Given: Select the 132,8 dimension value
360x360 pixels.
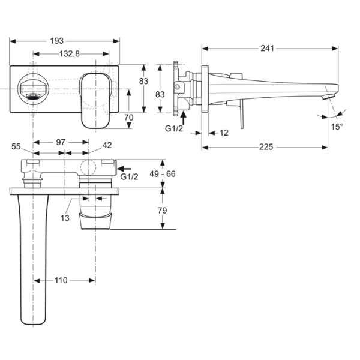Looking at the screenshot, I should point(70,54).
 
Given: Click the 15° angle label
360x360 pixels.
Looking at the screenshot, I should point(338,127).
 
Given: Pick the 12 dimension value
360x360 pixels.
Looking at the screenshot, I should point(224,133).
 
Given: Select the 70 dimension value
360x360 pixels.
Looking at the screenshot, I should point(128,118).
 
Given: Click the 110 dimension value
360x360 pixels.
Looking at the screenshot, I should point(60,280).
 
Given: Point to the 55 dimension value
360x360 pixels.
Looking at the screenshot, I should point(16,146).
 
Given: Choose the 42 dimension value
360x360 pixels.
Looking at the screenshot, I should point(107,146).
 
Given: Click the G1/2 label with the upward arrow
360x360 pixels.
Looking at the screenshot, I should point(174,128).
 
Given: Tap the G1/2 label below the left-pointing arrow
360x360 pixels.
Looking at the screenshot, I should point(129,178).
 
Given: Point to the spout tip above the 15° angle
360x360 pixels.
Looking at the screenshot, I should point(326,96).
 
